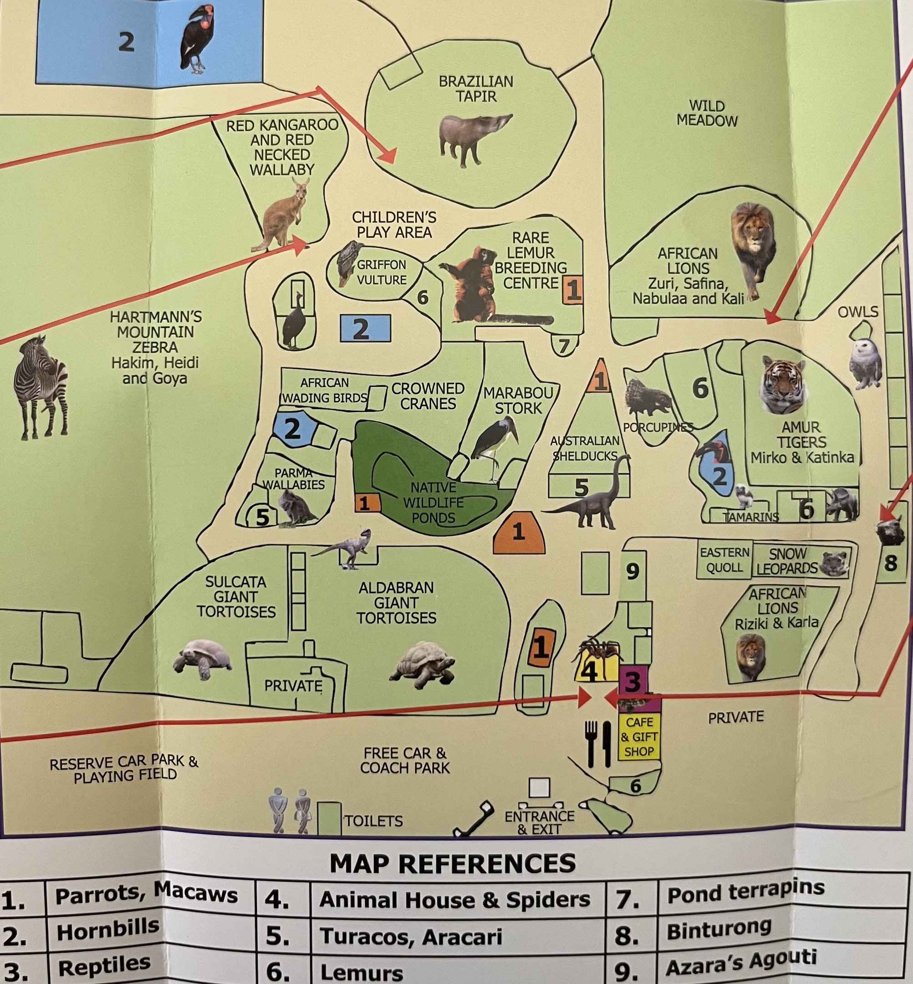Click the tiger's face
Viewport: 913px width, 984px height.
784,385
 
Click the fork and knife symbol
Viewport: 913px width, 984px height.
598,743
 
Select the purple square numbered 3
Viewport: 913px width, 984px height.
633,682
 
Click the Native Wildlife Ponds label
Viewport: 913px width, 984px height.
434,502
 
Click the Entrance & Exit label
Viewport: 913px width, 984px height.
539,822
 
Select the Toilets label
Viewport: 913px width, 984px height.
373,821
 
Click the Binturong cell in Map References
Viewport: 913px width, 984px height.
719,931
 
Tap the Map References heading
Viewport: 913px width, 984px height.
452,863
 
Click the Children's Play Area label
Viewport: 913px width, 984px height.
394,225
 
